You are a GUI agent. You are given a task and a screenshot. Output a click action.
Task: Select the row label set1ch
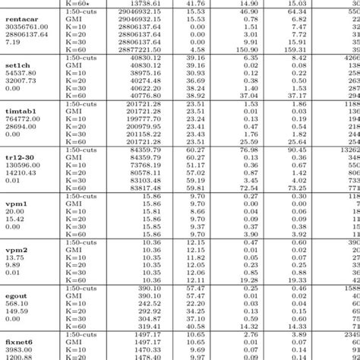click(16, 67)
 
